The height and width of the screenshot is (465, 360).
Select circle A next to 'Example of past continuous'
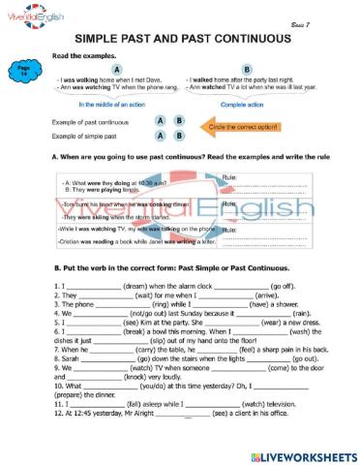(x=160, y=122)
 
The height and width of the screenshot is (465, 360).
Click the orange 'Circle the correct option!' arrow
(x=235, y=126)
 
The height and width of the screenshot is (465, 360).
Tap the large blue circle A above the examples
(x=116, y=70)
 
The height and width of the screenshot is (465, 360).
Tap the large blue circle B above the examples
(x=247, y=70)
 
